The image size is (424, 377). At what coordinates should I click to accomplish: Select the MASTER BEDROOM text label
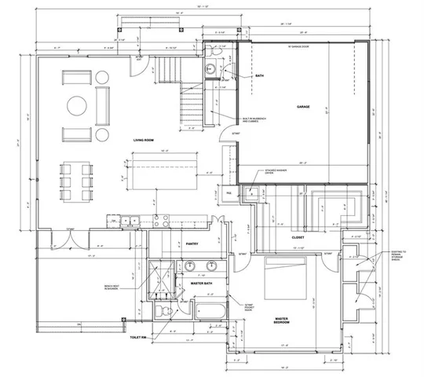pos(281,320)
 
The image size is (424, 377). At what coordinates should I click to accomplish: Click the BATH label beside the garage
pos(261,76)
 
